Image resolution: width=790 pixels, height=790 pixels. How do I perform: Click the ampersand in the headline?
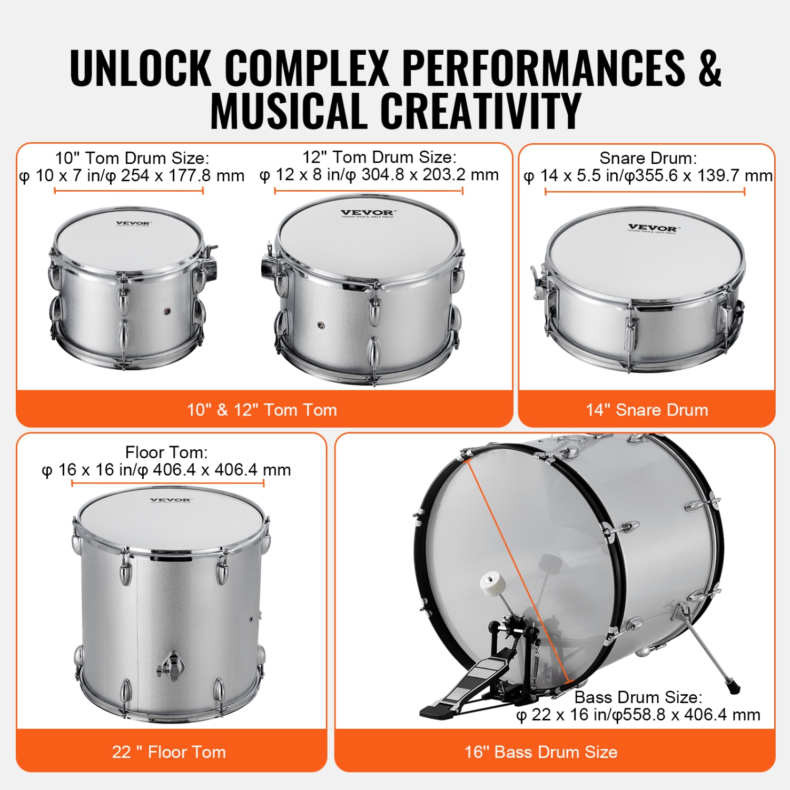[x=709, y=68]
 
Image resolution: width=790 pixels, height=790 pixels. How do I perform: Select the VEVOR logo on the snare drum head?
[x=653, y=228]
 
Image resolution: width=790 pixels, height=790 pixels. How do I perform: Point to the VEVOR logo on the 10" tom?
[x=133, y=223]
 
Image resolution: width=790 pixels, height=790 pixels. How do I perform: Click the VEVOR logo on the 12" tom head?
[x=367, y=213]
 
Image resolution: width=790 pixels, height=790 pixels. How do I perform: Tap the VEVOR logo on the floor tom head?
[x=171, y=500]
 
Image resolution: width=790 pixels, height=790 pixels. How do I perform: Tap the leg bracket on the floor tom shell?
[x=172, y=666]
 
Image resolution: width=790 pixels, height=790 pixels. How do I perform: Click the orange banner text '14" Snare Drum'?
[x=647, y=410]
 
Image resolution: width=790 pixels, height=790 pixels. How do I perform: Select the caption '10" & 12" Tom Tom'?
[x=262, y=410]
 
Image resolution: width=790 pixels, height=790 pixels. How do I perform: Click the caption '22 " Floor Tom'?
[x=169, y=752]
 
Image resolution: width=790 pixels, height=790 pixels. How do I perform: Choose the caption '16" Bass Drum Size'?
[x=541, y=752]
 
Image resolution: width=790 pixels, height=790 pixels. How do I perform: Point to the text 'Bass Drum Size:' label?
[x=638, y=697]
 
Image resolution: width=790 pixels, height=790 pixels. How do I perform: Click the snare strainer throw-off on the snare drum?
[x=539, y=284]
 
